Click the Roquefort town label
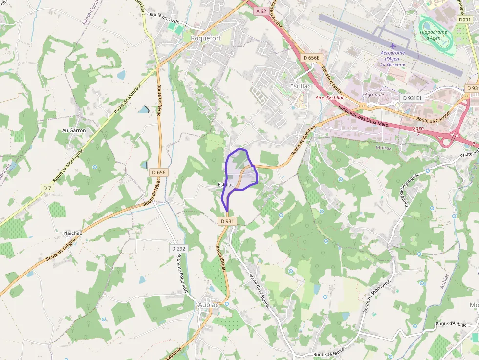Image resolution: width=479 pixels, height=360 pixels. click(x=206, y=38)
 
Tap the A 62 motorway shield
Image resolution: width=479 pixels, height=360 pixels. click(x=261, y=11)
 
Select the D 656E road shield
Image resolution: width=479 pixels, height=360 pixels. click(x=311, y=58)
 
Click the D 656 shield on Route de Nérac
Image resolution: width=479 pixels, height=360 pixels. click(x=159, y=172)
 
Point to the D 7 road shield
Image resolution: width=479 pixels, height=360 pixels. click(x=47, y=188)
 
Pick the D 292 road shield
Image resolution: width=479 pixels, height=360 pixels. click(x=179, y=249)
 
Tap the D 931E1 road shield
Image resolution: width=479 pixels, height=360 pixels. click(x=414, y=98)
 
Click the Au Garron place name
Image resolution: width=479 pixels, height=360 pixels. click(x=74, y=130)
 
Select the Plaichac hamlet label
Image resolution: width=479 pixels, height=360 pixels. click(x=72, y=233)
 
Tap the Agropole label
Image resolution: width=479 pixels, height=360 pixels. click(x=374, y=94)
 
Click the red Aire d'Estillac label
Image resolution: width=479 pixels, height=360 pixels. click(x=330, y=98)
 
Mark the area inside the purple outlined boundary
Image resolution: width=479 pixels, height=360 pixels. click(x=239, y=171)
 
